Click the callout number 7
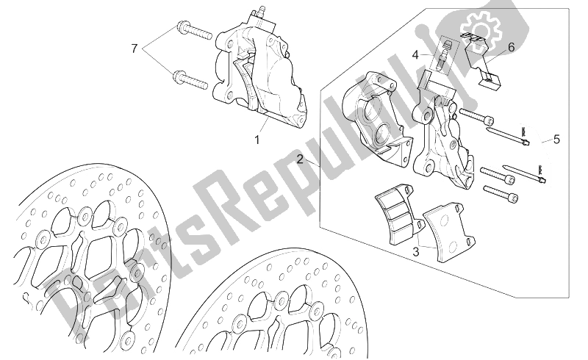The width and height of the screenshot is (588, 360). point(135,48)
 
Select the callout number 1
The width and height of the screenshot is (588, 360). point(257,140)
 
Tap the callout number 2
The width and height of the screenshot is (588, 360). point(300,159)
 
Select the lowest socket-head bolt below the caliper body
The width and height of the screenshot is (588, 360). point(501,193)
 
